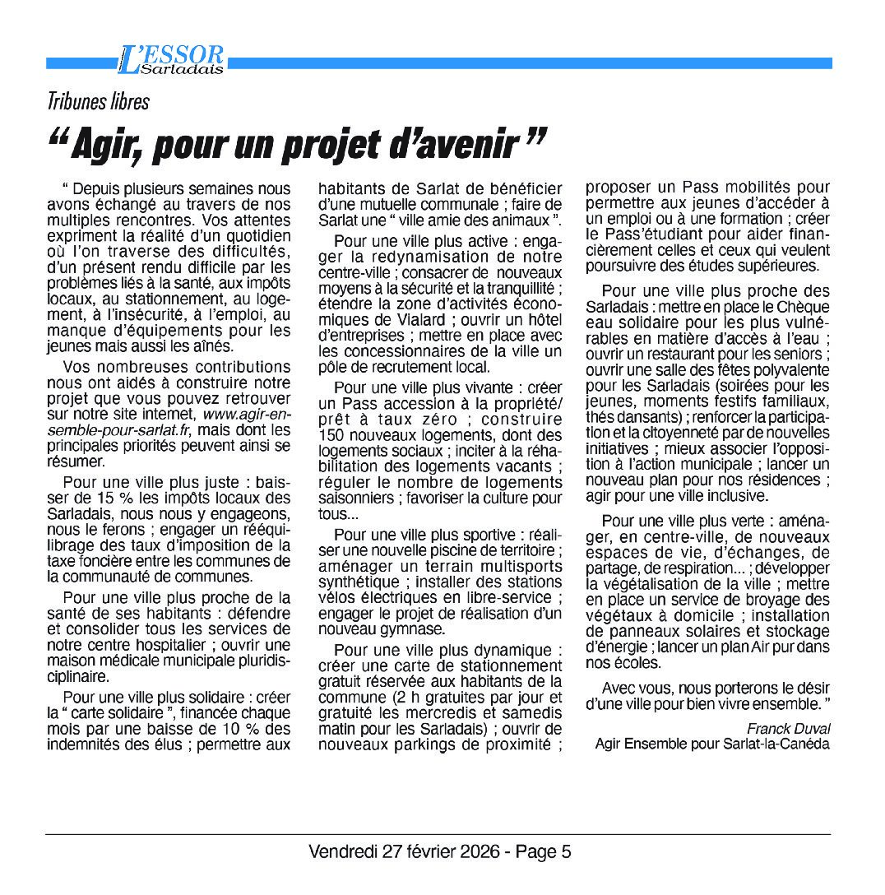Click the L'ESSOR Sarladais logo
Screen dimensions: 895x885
(170, 59)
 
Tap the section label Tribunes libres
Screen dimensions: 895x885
(98, 102)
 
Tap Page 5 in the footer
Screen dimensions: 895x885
(544, 851)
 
